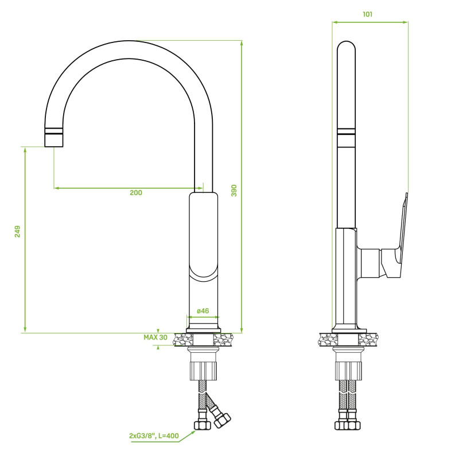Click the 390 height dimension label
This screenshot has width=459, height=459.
[234, 190]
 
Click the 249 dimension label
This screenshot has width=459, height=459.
[18, 231]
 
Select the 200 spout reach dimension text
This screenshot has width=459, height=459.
[136, 193]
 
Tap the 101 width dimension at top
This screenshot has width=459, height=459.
[368, 14]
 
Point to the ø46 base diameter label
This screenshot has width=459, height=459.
[203, 310]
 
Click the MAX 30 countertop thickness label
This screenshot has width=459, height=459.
[155, 337]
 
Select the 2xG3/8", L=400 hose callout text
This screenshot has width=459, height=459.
[154, 436]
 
